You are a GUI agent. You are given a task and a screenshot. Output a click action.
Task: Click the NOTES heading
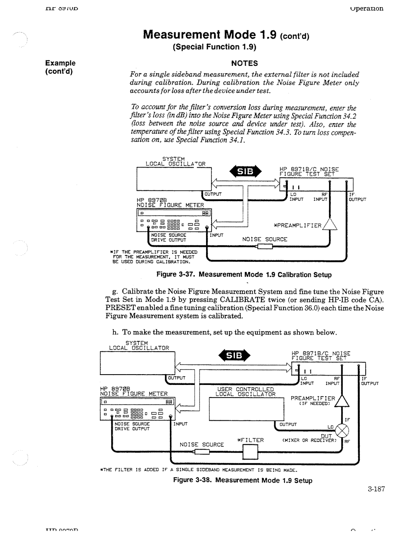point(244,63)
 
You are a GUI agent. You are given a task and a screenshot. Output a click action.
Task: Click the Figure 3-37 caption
point(243,275)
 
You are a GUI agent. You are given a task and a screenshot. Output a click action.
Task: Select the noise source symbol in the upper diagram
point(265,247)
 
